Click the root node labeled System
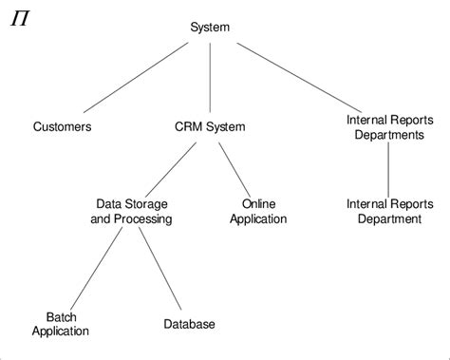[x=209, y=28]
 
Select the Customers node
[x=63, y=126]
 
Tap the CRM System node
[x=210, y=126]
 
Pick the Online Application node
[x=264, y=211]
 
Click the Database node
[x=189, y=324]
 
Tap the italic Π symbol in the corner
[x=19, y=18]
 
